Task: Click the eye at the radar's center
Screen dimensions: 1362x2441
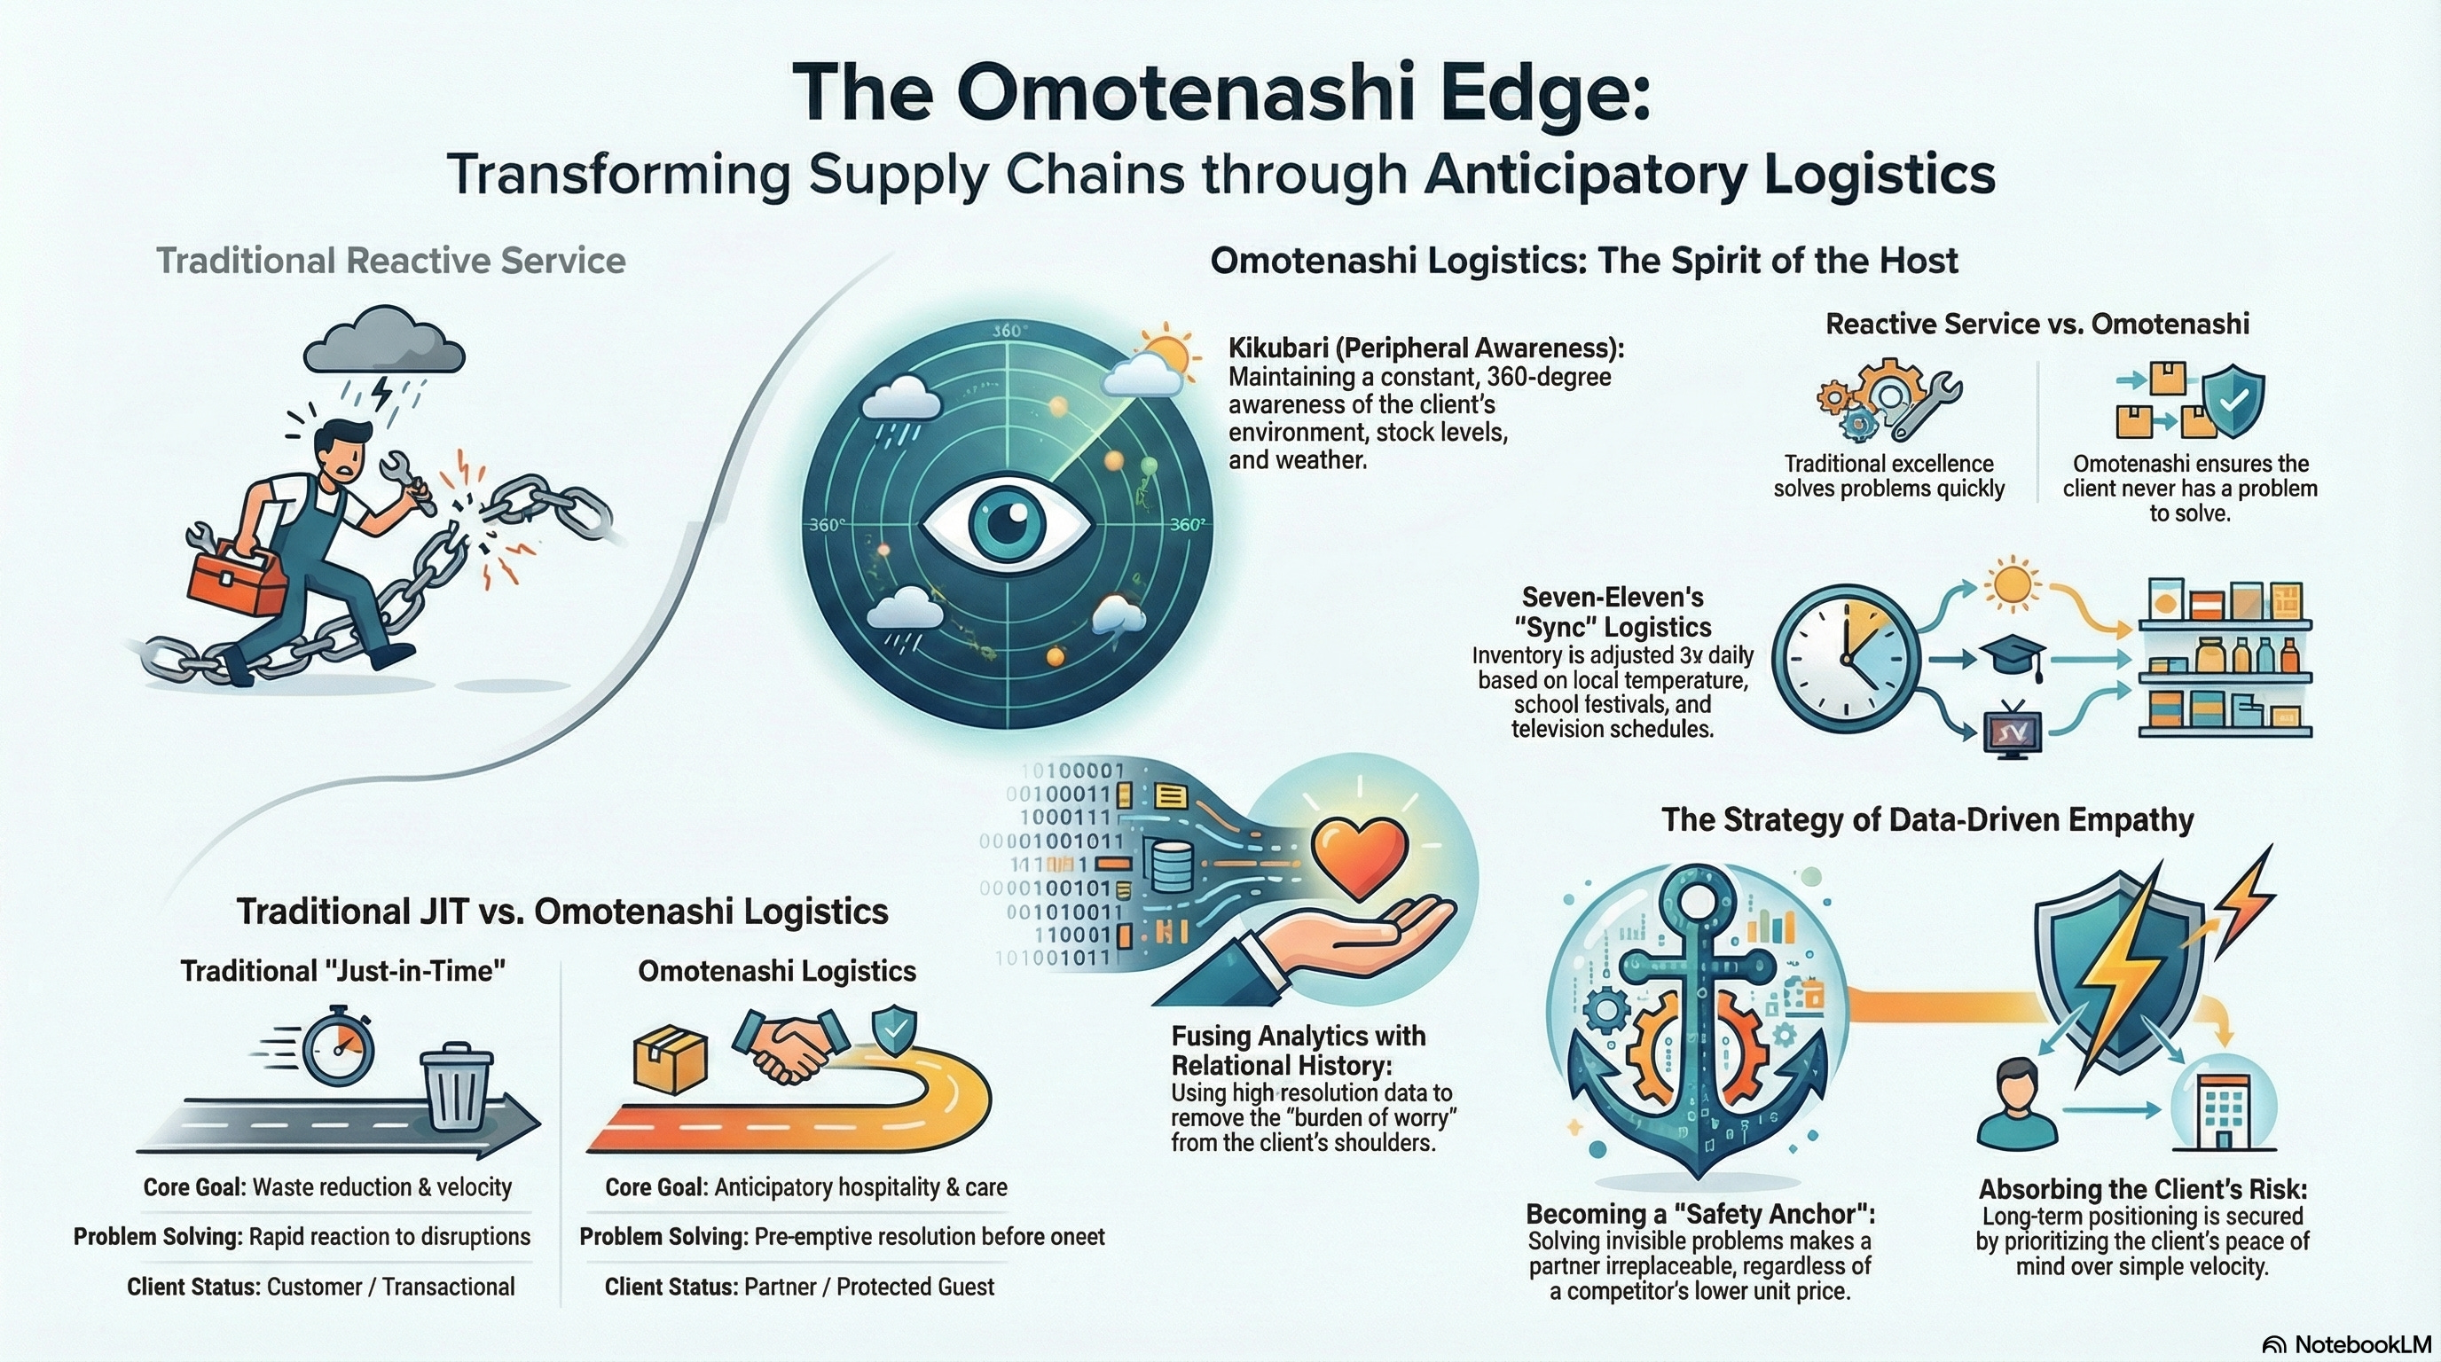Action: (x=1007, y=524)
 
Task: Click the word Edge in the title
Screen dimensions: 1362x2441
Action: (x=1544, y=92)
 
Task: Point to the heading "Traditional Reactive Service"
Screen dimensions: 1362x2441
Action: (x=390, y=261)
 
